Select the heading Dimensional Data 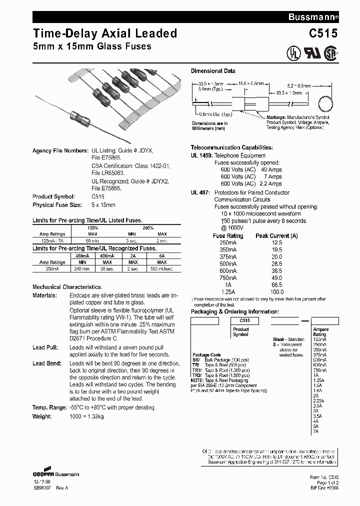pyautogui.click(x=213, y=71)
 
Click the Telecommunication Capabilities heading pyautogui.click(x=232, y=147)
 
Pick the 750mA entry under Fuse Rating pyautogui.click(x=228, y=277)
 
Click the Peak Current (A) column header pyautogui.click(x=276, y=235)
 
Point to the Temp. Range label pyautogui.click(x=49, y=408)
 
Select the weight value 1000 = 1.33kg pyautogui.click(x=87, y=416)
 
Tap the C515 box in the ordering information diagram pyautogui.click(x=244, y=320)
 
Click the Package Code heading pyautogui.click(x=206, y=354)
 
